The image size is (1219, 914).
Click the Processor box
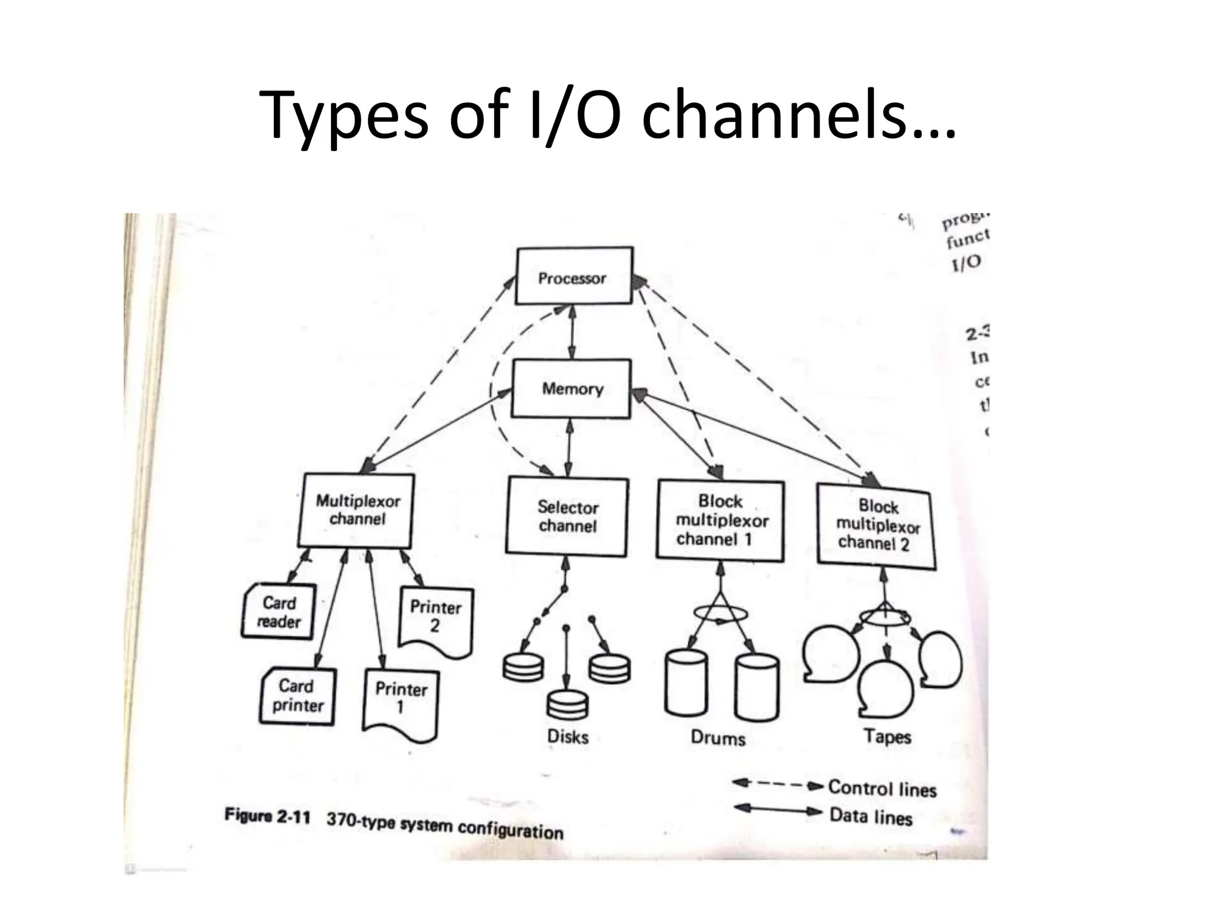[x=573, y=277]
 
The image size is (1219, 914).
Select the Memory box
[x=571, y=389]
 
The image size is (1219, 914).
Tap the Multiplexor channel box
[x=357, y=511]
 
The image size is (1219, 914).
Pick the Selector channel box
[x=567, y=517]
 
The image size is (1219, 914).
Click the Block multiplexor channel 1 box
[x=720, y=521]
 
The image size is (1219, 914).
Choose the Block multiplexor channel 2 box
[x=876, y=525]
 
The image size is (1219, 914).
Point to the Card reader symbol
[x=279, y=612]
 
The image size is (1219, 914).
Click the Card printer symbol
[x=298, y=696]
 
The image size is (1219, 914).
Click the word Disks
[x=568, y=737]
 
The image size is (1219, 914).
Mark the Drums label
[x=718, y=738]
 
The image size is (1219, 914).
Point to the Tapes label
[x=887, y=737]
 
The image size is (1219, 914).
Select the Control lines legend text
[x=882, y=788]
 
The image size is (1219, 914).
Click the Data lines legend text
[x=871, y=816]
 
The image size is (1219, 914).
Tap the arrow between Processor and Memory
[x=572, y=332]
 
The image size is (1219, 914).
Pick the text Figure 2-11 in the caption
[x=267, y=815]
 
